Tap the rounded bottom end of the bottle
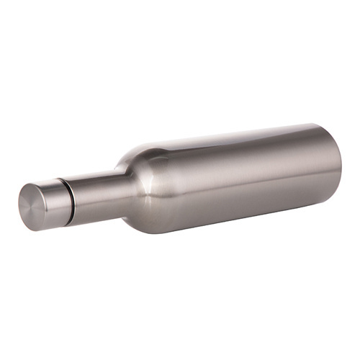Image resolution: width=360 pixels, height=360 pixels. coord(333,166)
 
